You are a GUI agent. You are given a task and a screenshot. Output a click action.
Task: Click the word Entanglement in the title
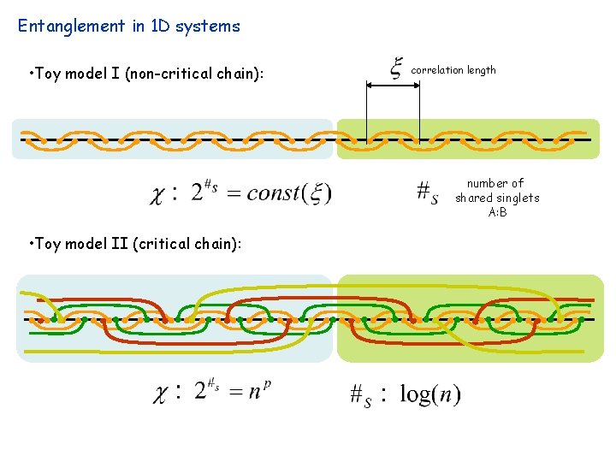click(x=71, y=26)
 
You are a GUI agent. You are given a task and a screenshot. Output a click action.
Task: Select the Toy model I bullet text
click(x=145, y=74)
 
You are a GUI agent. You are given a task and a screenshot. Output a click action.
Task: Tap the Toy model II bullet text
click(x=134, y=244)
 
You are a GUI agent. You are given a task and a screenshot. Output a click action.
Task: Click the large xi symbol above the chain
click(x=397, y=68)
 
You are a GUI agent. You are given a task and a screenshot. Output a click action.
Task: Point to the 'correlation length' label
click(x=453, y=70)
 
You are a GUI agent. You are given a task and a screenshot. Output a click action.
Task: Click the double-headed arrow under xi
click(x=393, y=86)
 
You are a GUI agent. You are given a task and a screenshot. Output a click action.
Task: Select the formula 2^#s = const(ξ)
click(x=261, y=192)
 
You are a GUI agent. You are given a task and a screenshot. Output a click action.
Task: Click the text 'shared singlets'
click(x=497, y=198)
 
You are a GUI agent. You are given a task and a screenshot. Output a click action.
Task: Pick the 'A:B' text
click(x=497, y=212)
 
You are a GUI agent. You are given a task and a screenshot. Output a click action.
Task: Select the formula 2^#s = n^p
click(x=232, y=391)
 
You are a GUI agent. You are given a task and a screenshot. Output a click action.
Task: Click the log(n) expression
click(x=429, y=394)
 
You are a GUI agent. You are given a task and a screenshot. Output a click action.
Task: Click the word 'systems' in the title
click(x=208, y=26)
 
